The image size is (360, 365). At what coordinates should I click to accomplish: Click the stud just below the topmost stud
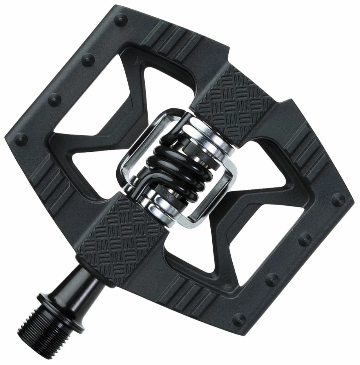pyautogui.click(x=88, y=59)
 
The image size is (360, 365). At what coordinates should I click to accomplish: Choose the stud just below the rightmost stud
pyautogui.click(x=304, y=239)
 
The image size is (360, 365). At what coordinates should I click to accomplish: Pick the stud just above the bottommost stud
pyautogui.click(x=271, y=279)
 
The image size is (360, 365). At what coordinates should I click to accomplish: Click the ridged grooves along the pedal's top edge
pyautogui.click(x=176, y=39)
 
